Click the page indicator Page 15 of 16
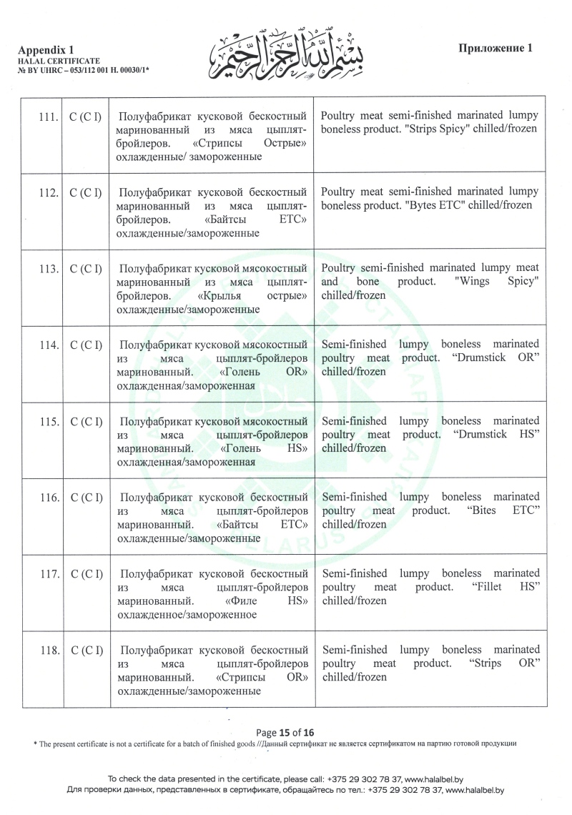pos(285,732)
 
